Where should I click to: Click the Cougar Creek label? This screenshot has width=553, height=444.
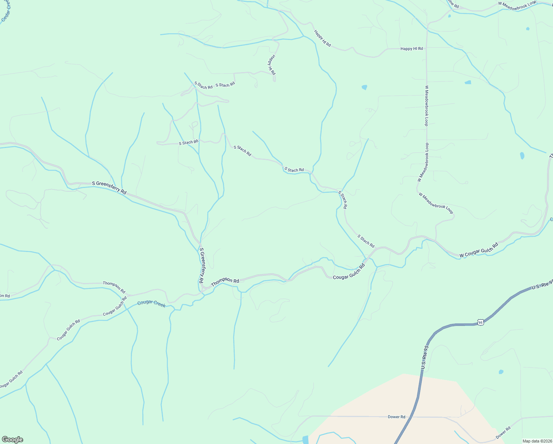pyautogui.click(x=151, y=303)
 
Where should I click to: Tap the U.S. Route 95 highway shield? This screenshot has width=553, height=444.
pyautogui.click(x=480, y=322)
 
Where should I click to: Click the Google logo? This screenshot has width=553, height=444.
pyautogui.click(x=12, y=440)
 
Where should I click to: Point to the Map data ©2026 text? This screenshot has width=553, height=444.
pyautogui.click(x=537, y=441)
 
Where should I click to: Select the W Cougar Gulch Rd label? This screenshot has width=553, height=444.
pyautogui.click(x=479, y=250)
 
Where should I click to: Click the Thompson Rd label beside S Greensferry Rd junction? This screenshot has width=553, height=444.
pyautogui.click(x=225, y=282)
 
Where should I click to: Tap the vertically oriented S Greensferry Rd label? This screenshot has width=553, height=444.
pyautogui.click(x=201, y=265)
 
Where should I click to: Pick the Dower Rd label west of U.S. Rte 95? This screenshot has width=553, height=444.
pyautogui.click(x=396, y=417)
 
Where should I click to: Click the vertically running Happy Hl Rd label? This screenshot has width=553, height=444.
pyautogui.click(x=272, y=65)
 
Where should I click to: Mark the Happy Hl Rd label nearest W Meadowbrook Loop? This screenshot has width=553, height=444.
pyautogui.click(x=411, y=49)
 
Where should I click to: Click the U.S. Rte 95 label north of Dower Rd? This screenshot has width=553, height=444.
pyautogui.click(x=425, y=357)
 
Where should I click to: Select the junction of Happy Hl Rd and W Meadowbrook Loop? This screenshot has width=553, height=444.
pyautogui.click(x=427, y=48)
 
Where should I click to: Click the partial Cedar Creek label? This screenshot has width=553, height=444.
pyautogui.click(x=6, y=11)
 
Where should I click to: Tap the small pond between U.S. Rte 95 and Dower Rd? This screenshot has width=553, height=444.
pyautogui.click(x=501, y=372)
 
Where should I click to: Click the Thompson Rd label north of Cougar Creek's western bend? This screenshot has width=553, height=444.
pyautogui.click(x=114, y=287)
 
